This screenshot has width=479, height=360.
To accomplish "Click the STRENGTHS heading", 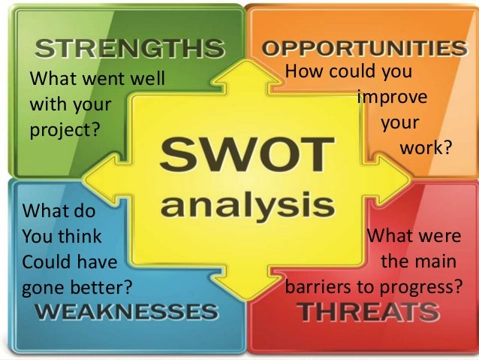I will [130, 50].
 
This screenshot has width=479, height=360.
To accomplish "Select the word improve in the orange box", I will [393, 99].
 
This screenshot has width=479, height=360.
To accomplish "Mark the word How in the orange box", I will [304, 74].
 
